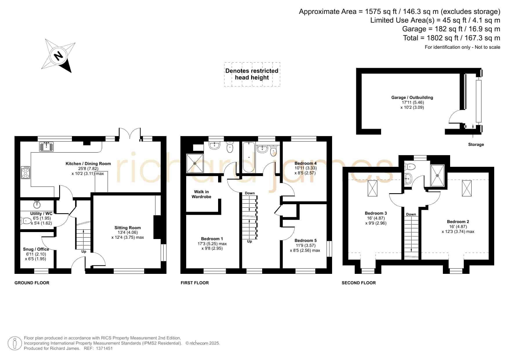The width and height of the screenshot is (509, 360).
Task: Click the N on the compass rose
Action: [59, 55]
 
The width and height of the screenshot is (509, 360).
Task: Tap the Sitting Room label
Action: [128, 228]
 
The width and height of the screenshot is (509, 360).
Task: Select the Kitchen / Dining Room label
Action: [88, 164]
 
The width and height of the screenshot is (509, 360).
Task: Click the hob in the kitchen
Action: [26, 172]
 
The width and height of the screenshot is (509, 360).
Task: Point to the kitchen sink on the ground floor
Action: [46, 146]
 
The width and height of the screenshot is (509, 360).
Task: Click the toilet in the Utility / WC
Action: [26, 221]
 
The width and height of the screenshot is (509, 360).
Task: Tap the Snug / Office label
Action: [36, 249]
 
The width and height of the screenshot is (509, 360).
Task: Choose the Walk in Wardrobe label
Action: [202, 194]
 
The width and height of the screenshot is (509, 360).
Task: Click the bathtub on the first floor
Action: [249, 157]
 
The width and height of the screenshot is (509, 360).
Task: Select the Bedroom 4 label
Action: [306, 163]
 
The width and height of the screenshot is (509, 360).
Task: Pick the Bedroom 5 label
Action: [306, 240]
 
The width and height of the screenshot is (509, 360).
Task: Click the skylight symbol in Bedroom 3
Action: [372, 188]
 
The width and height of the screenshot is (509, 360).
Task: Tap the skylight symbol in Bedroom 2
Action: [467, 188]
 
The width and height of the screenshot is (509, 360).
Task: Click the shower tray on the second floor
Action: [437, 175]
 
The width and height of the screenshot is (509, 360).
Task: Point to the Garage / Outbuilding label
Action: [412, 97]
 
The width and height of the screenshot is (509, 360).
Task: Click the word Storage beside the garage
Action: [476, 144]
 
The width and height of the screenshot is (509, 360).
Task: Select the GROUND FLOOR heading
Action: [32, 283]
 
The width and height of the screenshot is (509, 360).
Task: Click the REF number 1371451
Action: [104, 348]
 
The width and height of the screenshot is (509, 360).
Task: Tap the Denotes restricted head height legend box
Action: [252, 74]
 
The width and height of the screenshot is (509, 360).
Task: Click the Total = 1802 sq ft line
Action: [452, 38]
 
